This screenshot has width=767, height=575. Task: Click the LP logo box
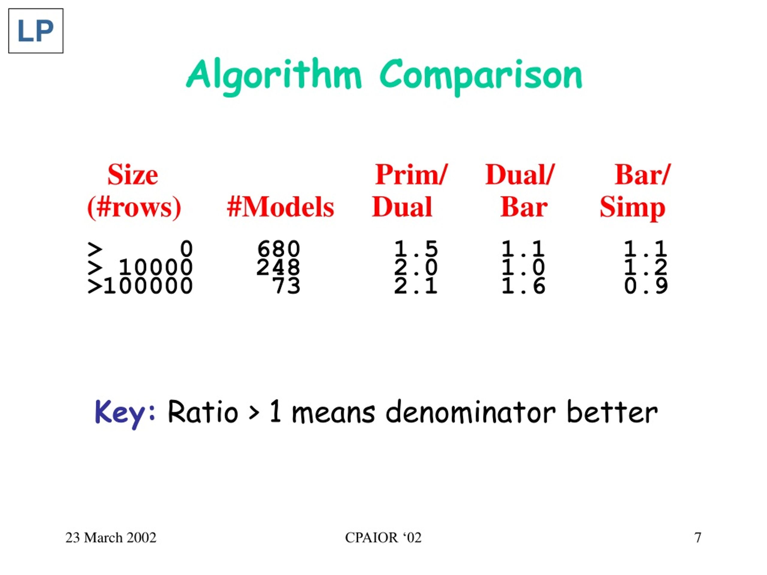click(36, 31)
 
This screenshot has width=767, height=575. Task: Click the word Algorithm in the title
click(274, 75)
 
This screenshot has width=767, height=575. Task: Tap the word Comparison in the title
click(481, 75)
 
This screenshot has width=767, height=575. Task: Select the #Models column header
click(280, 207)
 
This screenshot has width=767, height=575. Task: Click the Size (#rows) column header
click(134, 191)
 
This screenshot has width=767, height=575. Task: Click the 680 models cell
click(278, 249)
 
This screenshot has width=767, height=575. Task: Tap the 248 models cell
click(278, 267)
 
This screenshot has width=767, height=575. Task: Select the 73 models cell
click(286, 286)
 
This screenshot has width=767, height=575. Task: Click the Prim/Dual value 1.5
click(416, 249)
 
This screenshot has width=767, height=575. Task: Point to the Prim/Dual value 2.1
click(416, 286)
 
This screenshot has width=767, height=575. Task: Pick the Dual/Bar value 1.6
click(523, 286)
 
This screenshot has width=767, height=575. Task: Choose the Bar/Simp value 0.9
click(646, 286)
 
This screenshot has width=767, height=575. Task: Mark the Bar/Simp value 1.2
click(646, 267)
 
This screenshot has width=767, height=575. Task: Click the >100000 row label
click(140, 286)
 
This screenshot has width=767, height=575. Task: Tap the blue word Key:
click(125, 412)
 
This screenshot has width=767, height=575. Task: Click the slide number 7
click(698, 538)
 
